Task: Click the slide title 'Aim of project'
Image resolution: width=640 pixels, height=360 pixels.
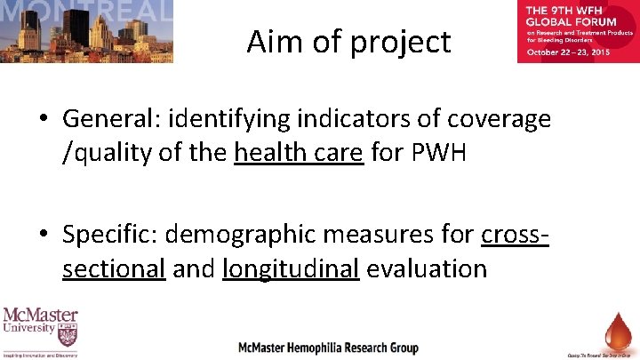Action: pos(348,41)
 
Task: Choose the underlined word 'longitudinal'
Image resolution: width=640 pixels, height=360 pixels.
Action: pos(291,268)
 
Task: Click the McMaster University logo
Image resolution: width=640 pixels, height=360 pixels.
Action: pos(40,332)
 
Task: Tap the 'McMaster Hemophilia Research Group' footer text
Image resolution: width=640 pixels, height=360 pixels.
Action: pos(328,348)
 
